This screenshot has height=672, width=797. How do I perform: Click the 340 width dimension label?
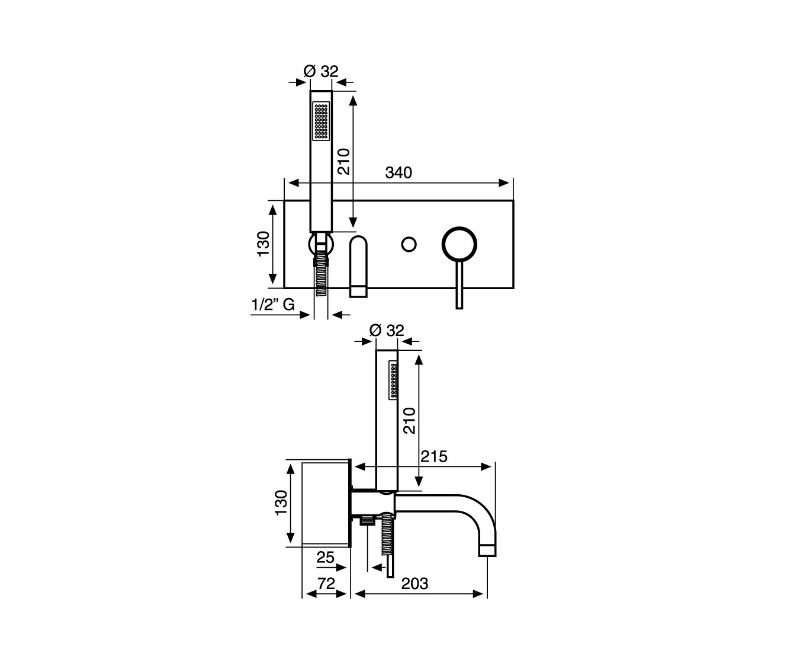pos(398,172)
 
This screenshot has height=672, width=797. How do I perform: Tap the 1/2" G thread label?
pos(274,305)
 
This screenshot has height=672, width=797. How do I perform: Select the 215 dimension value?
pos(434,456)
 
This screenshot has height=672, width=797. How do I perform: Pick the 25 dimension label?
pos(326,558)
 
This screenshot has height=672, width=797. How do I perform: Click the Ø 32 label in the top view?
pos(321,72)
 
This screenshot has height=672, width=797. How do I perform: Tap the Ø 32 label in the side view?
pos(387,331)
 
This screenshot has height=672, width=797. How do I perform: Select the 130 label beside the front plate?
pos(263,244)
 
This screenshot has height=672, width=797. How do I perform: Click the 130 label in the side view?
pos(281,503)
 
